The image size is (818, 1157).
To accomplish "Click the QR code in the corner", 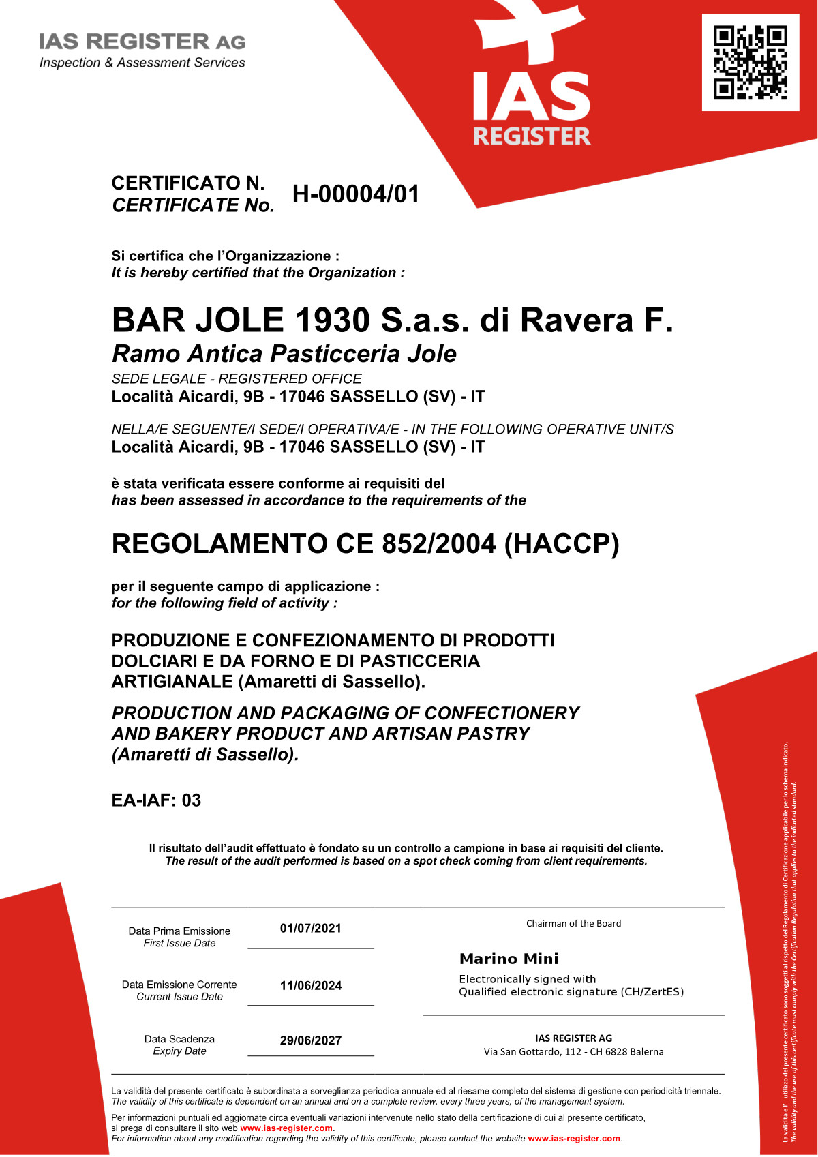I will tap(751, 62).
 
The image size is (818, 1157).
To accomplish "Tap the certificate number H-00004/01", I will tap(356, 194).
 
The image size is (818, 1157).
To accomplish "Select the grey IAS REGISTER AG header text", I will tap(142, 42).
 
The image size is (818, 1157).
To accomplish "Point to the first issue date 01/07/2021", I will tap(311, 928).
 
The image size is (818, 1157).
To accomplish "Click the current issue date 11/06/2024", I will tap(311, 985).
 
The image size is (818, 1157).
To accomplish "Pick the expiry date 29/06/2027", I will tap(311, 1040).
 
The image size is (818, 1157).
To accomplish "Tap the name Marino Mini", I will tap(509, 959).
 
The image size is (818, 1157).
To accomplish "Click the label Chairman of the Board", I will tap(573, 923).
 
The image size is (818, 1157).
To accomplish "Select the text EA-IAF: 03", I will tap(156, 800).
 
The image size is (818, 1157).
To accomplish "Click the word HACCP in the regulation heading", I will tap(562, 544).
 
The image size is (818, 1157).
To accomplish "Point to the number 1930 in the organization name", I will tap(333, 320).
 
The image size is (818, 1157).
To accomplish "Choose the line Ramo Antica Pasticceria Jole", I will tap(284, 354).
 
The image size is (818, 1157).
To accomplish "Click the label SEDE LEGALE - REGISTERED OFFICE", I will tap(237, 379).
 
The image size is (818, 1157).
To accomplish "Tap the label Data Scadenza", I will tap(179, 1039).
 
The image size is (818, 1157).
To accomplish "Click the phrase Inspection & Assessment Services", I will tap(142, 63).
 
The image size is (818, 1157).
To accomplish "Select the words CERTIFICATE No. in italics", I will tap(193, 205).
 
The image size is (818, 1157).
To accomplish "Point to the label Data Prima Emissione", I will tap(179, 931).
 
